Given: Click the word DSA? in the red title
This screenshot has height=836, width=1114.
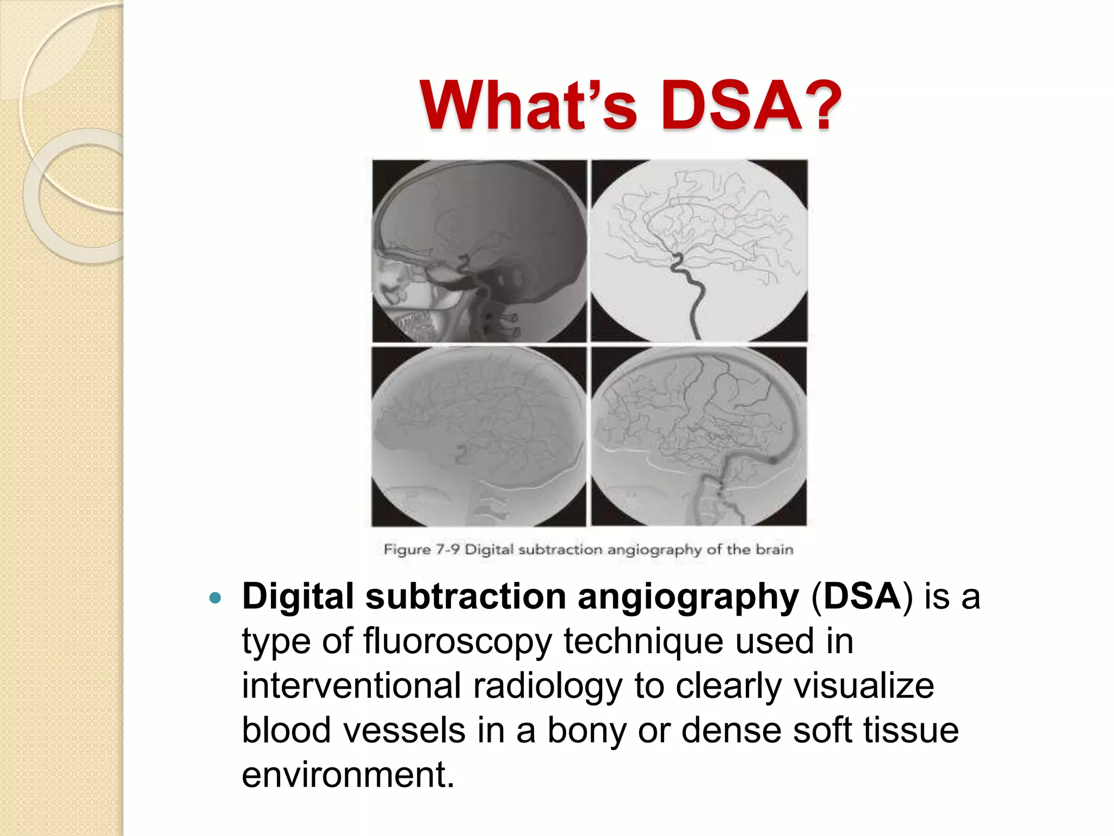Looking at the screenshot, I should coord(751,106).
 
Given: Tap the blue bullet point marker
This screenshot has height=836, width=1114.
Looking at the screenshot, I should coord(215,598).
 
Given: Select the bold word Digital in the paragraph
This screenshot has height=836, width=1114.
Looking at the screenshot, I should coord(298,597).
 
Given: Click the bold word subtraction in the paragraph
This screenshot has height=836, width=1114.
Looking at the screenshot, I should coord(466,597).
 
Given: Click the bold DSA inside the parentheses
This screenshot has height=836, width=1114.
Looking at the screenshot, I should coord(862,597).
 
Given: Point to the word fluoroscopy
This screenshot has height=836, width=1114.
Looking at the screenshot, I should coord(457,642).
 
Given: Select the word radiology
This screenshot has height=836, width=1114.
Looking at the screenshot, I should coord(547,687).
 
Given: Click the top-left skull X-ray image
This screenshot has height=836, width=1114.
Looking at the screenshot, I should coord(479,250).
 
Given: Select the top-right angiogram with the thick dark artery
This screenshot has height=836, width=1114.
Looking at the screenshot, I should coord(699,250).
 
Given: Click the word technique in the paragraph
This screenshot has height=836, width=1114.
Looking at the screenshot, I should coord(643,642).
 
